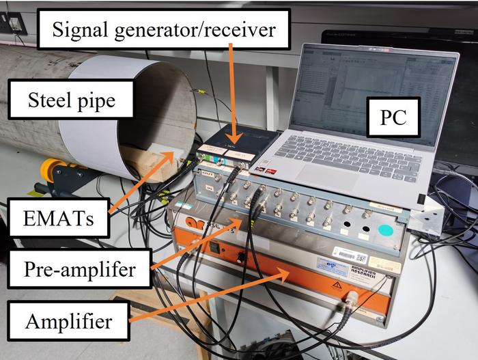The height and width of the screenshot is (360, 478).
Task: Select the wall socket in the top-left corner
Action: click(x=13, y=24)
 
